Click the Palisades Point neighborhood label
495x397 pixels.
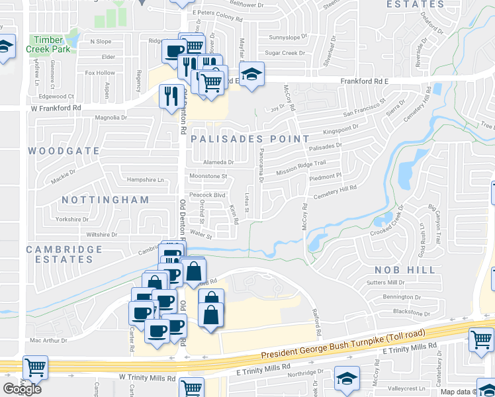click(249, 139)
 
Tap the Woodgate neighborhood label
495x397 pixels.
click(64, 151)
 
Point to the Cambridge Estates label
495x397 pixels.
click(64, 255)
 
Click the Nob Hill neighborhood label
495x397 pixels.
click(405, 270)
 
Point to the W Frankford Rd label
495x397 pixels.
click(56, 107)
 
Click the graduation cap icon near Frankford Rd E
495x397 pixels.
click(251, 74)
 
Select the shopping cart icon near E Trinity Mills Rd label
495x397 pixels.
click(481, 340)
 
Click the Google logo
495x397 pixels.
click(22, 389)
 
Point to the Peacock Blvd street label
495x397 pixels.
click(207, 195)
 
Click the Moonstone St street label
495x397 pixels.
click(208, 177)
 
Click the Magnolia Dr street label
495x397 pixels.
click(111, 118)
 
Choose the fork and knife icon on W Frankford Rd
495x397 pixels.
click(171, 95)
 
